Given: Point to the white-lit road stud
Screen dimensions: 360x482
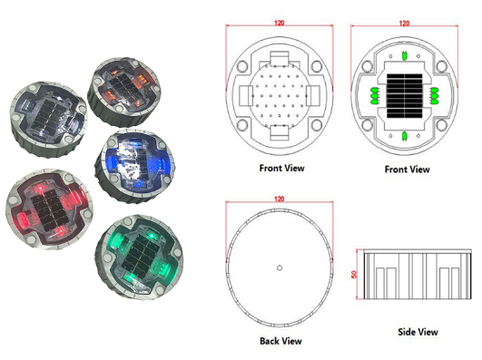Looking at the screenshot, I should (45, 112).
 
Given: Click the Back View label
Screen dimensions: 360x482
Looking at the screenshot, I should (281, 340).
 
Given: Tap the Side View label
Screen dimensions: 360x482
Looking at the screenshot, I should (418, 332).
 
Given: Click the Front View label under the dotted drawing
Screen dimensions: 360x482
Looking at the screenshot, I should (282, 168).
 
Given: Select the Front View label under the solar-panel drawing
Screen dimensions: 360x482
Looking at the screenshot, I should (407, 169).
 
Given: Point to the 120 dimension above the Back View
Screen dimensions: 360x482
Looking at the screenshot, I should (280, 197).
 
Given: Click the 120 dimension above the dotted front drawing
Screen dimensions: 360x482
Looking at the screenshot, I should (280, 24).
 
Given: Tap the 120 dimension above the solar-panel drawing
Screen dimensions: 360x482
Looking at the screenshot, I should (404, 24).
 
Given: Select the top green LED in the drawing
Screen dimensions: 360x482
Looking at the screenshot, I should (404, 53).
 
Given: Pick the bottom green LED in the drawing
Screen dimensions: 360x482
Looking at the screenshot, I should (404, 138).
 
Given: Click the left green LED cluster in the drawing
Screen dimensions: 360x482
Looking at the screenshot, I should (373, 95).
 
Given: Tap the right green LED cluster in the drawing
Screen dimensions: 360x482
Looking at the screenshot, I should (435, 95).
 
